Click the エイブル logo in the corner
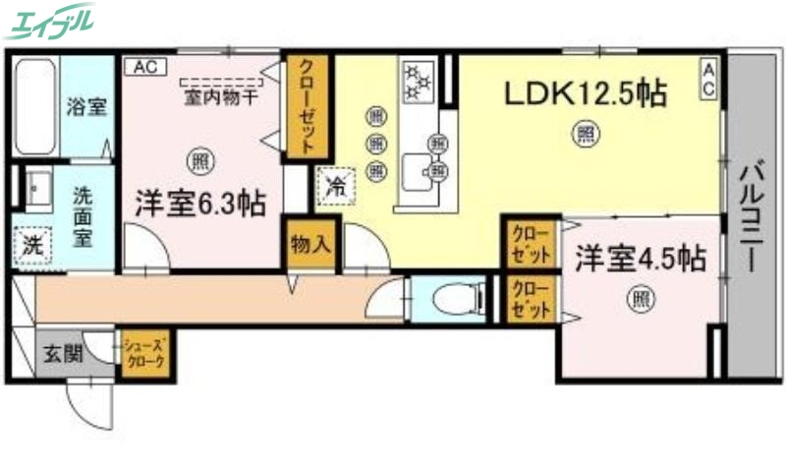click(x=50, y=19)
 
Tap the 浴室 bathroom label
click(x=85, y=107)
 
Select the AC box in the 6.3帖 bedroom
click(x=145, y=67)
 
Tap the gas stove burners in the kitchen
click(x=419, y=82)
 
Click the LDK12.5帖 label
click(x=586, y=94)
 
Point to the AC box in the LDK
click(x=707, y=78)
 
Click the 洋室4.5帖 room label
click(x=640, y=260)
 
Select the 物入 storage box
click(x=311, y=243)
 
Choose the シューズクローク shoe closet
click(x=143, y=351)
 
